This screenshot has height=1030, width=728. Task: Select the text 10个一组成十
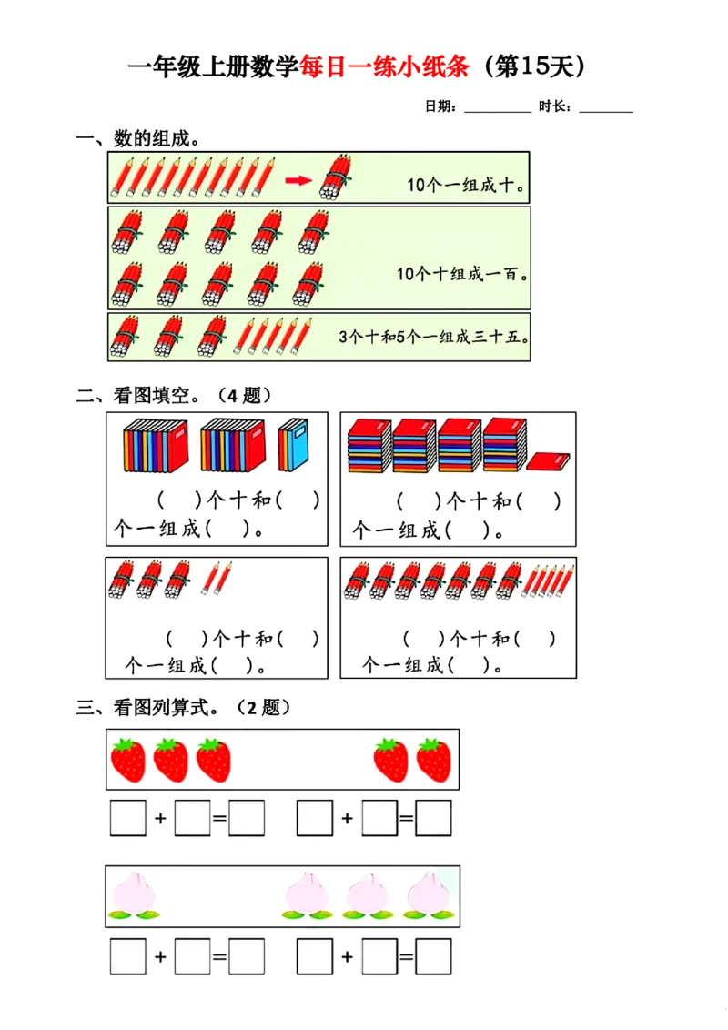(x=466, y=185)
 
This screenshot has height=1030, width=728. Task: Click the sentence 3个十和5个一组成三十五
(x=434, y=337)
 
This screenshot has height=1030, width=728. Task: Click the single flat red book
(x=548, y=461)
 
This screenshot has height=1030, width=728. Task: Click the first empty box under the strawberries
(x=127, y=818)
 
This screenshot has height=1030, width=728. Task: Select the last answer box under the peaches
(x=433, y=956)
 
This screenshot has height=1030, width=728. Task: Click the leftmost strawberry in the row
(x=128, y=760)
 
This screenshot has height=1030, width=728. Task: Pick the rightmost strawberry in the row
(x=434, y=760)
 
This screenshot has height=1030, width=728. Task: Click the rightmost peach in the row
(x=424, y=894)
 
